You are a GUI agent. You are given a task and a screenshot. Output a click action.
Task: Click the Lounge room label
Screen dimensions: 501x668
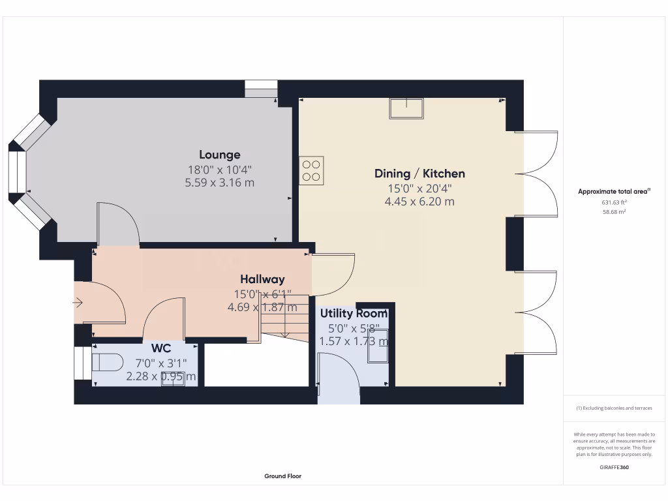click(x=220, y=155)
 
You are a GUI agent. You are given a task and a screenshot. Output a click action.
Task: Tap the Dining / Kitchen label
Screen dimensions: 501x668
click(x=419, y=174)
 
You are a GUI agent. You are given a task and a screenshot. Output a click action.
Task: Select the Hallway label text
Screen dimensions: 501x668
click(x=262, y=279)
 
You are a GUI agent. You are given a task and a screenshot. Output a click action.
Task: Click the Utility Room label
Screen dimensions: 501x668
click(x=354, y=314)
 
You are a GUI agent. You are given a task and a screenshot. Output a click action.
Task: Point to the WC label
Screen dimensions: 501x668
click(x=161, y=348)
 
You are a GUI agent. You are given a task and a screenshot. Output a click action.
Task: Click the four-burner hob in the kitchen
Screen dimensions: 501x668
click(x=311, y=171)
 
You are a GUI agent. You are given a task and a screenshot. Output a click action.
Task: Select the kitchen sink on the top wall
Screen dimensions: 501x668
click(x=406, y=108)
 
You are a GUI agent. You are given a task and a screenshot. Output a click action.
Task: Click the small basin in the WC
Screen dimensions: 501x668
click(x=173, y=379)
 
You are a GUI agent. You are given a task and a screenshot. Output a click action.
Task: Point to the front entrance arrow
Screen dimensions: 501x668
click(x=78, y=302)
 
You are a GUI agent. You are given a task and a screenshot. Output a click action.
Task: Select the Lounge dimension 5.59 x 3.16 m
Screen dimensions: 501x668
click(x=220, y=183)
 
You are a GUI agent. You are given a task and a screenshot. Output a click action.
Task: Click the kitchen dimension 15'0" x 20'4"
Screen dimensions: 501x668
click(x=419, y=189)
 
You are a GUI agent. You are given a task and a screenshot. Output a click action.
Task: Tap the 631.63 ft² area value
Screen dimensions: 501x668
click(x=614, y=202)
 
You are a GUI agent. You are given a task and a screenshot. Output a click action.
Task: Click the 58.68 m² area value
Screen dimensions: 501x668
click(x=614, y=212)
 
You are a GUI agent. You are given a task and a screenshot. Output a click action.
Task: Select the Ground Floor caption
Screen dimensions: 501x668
click(x=282, y=476)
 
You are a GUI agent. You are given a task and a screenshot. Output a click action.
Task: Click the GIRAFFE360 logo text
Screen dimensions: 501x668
click(x=614, y=467)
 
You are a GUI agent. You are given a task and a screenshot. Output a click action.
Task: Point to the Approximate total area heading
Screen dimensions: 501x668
click(x=614, y=191)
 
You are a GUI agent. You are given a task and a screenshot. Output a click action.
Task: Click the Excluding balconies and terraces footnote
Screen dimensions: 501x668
click(x=614, y=408)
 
